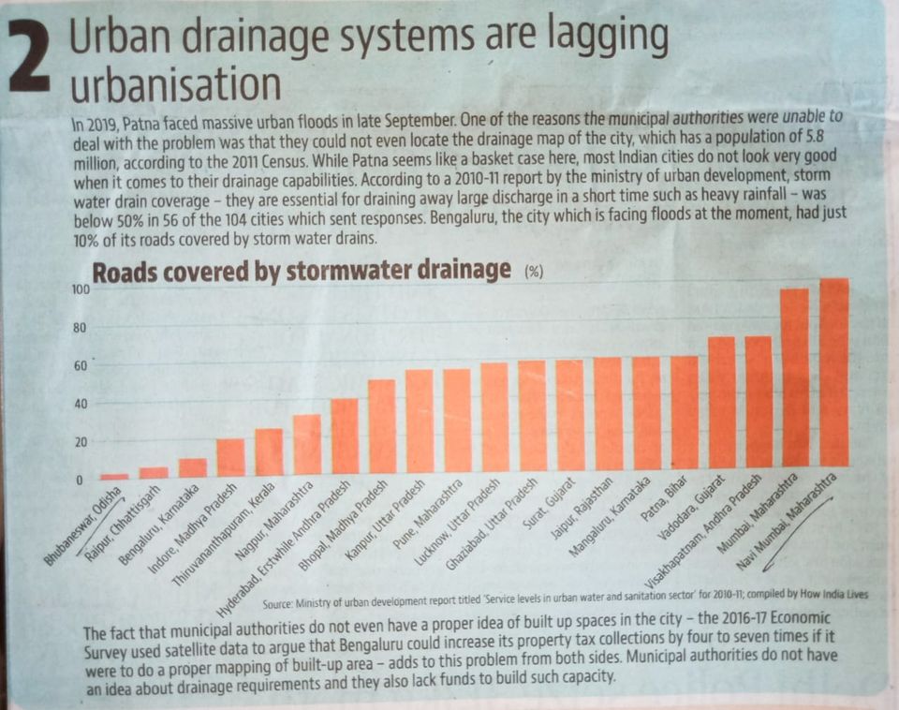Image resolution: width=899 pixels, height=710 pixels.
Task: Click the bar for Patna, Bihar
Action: click(685, 412)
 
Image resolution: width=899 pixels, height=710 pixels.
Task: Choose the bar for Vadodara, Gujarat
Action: click(722, 403)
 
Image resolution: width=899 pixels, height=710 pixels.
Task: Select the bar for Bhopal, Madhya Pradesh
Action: click(382, 426)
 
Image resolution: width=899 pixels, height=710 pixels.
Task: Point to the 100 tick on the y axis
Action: click(81, 290)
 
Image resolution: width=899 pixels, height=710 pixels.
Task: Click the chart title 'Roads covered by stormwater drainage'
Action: click(300, 271)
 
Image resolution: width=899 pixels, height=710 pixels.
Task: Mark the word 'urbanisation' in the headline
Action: click(176, 86)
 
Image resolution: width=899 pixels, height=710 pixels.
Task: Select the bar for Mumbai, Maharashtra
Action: click(794, 378)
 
